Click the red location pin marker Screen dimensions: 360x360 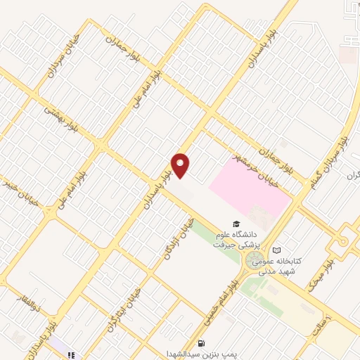pos(181,166)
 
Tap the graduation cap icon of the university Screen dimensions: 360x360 pos(236,224)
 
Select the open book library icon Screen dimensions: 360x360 pos(276,250)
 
